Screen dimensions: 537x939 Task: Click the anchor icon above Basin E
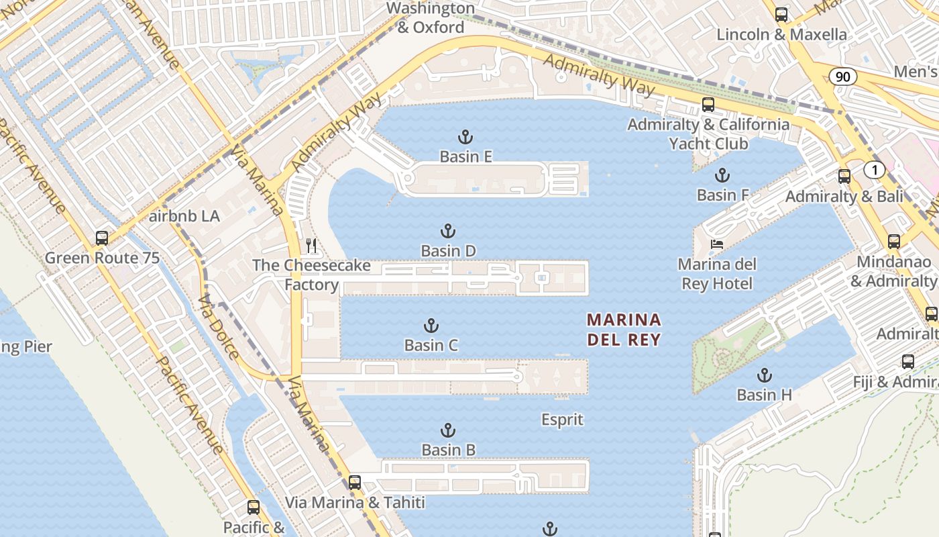pos(465,138)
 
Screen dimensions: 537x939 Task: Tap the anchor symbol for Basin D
pos(447,232)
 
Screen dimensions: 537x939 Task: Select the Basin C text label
pos(431,346)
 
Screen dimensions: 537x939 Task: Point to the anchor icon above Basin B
pos(447,430)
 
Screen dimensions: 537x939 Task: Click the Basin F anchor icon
pos(722,176)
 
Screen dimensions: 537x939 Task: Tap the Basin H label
pos(764,395)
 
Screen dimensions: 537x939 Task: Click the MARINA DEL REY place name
pos(624,330)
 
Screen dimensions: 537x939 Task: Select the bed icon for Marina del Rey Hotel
pos(717,244)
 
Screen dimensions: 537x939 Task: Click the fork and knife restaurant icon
pos(311,246)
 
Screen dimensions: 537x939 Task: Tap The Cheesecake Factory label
pos(311,275)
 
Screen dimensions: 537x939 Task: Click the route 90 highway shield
pos(842,77)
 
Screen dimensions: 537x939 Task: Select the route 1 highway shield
pos(874,170)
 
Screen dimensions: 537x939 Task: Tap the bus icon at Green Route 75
pos(102,238)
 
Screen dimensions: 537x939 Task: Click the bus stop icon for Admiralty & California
pos(708,104)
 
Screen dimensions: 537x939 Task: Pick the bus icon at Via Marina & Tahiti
pos(355,482)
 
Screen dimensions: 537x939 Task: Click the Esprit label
pos(562,420)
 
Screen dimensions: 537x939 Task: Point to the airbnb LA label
pos(184,217)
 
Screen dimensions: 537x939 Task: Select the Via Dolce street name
pos(219,327)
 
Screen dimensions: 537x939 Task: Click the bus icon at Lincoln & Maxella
pos(781,15)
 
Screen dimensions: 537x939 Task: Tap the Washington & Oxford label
pos(431,18)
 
